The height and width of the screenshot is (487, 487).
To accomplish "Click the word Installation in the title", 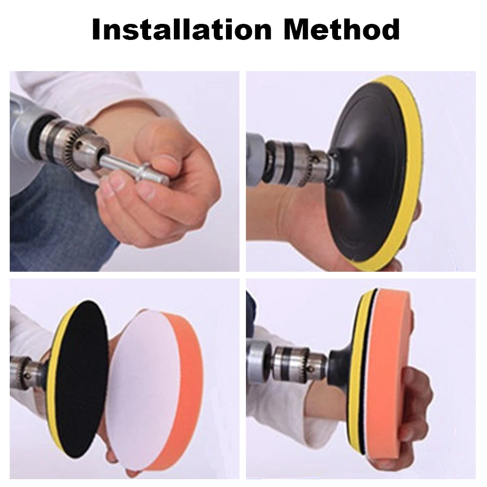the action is (x=182, y=30).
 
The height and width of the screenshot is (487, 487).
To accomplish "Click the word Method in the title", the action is (x=342, y=30).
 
